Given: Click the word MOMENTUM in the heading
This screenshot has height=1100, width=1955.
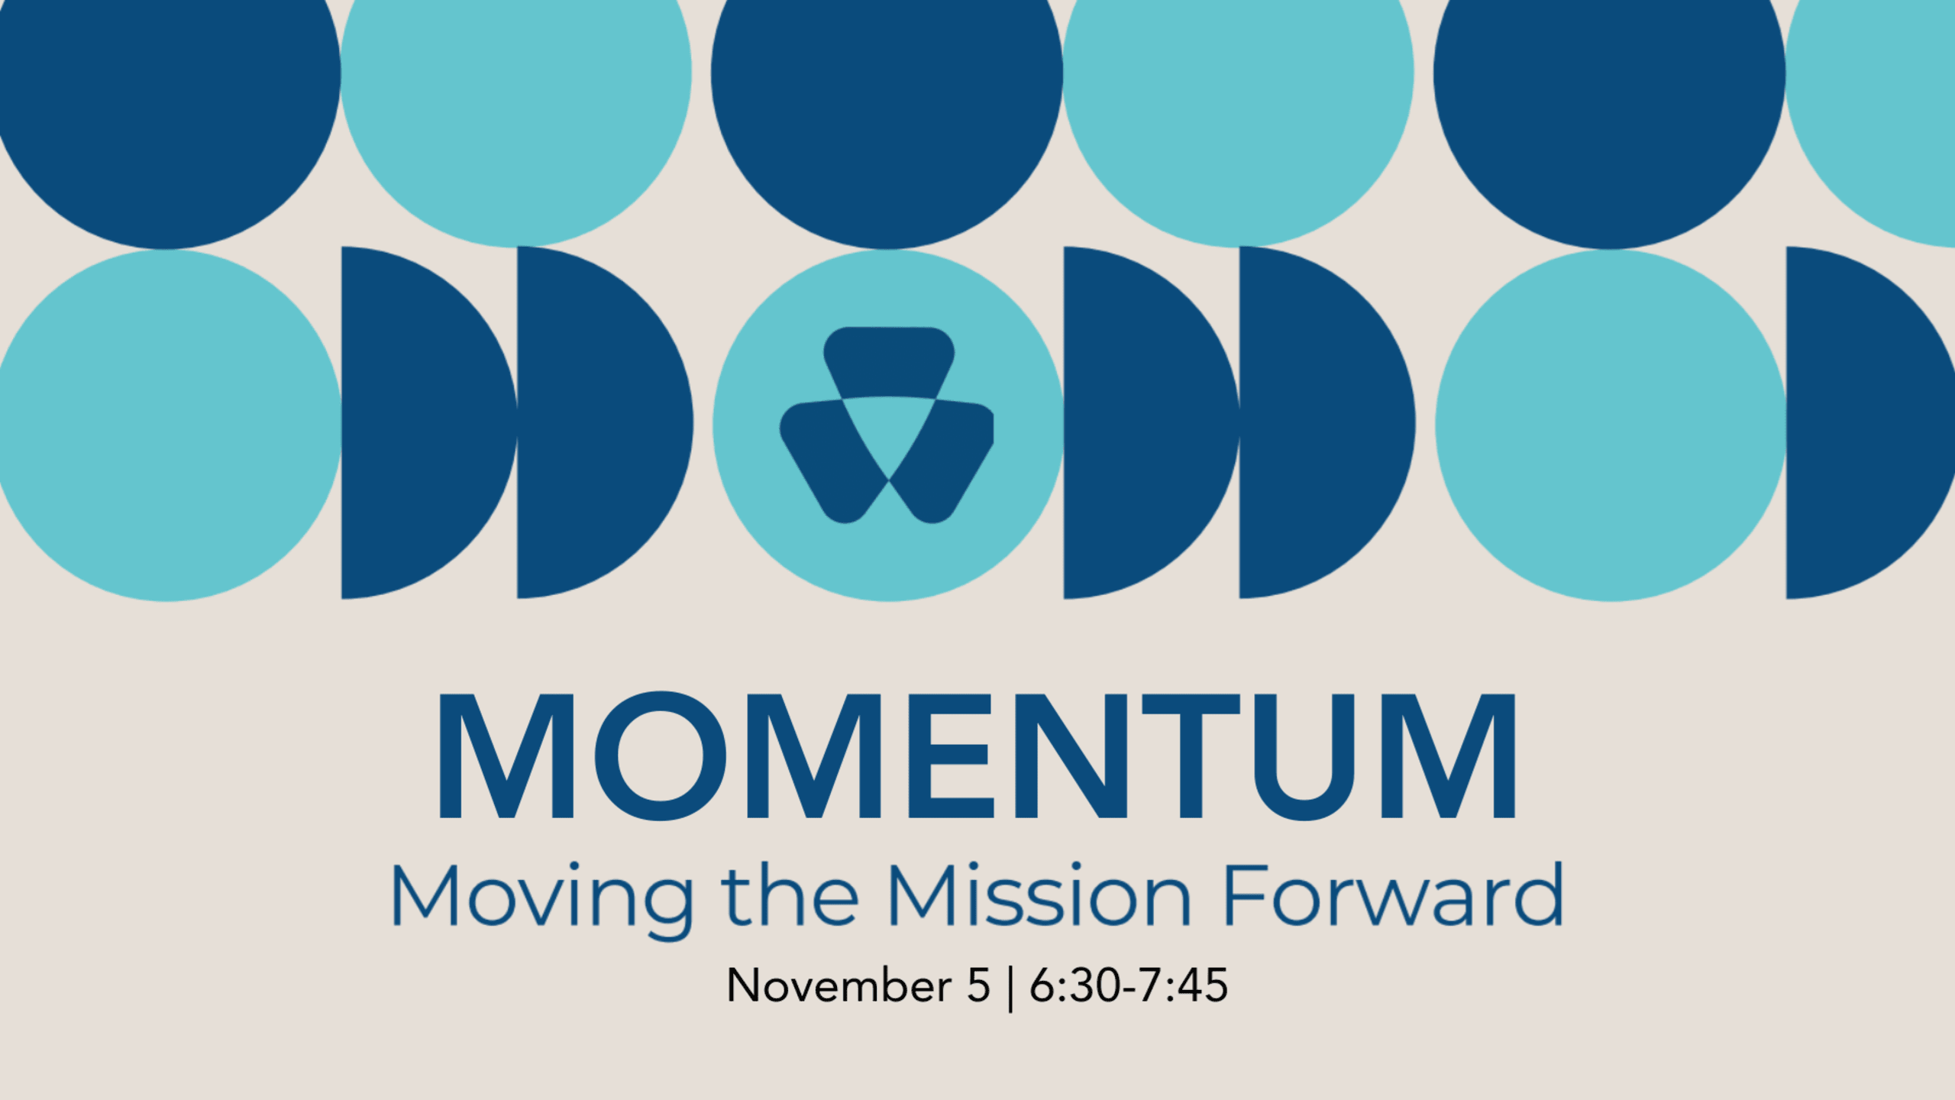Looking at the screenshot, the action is (x=976, y=755).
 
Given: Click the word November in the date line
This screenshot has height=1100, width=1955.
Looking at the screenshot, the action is (x=839, y=985).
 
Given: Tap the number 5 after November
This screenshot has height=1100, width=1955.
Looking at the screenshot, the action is (x=978, y=985).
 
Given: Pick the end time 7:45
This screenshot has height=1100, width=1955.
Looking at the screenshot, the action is (x=1183, y=985).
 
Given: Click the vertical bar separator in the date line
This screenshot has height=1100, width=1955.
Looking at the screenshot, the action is (x=1010, y=987).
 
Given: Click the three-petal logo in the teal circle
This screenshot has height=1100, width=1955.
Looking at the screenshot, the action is (x=887, y=425).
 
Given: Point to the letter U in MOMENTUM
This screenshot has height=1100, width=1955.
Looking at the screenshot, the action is (x=1304, y=756).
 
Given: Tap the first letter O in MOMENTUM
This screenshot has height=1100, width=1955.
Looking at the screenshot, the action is (x=661, y=755).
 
